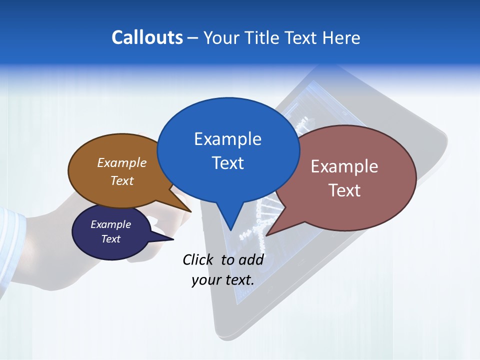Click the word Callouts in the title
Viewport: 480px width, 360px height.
coord(147,37)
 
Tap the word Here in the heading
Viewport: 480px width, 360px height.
coord(341,37)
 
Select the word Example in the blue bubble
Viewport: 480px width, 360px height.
coord(227,139)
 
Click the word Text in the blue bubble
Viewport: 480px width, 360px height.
coord(227,163)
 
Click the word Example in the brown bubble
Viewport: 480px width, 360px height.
coord(122,162)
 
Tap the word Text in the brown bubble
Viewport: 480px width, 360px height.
coord(122,180)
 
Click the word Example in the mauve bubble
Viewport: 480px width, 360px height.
coord(344,166)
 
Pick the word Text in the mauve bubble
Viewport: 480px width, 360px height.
coord(344,190)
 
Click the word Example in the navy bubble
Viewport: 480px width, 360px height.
coord(110,224)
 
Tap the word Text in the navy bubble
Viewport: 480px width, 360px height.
coord(110,239)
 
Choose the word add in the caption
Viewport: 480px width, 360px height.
coord(251,259)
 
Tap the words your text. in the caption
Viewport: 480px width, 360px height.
coord(223,280)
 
